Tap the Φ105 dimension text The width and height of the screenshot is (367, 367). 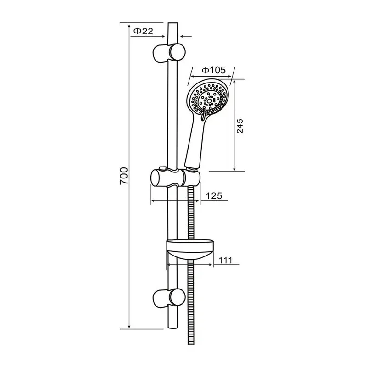(x=214, y=70)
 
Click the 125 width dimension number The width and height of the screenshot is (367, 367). (x=213, y=196)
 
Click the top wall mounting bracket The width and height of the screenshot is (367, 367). (x=167, y=51)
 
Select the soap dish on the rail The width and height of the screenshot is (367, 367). (x=190, y=250)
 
